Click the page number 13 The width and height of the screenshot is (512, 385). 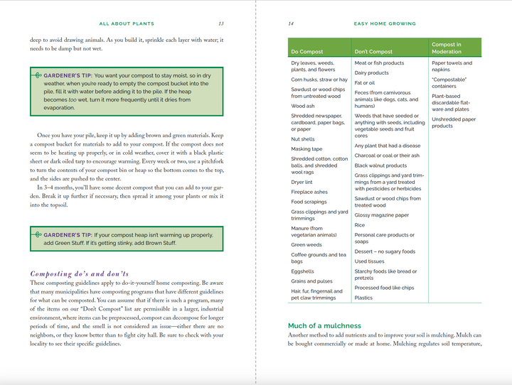coord(221,23)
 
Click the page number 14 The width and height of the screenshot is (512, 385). coord(291,23)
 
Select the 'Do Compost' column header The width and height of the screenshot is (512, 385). coord(307,52)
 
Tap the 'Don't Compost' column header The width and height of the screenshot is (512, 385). coord(373,52)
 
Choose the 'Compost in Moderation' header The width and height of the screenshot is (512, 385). coord(447,48)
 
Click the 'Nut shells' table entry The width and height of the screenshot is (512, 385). coord(303,139)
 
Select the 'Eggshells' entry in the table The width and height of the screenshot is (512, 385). coord(302,271)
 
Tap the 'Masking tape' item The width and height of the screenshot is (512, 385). coord(306,149)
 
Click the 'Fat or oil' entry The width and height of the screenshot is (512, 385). coord(365,82)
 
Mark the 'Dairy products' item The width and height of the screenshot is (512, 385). coord(372,72)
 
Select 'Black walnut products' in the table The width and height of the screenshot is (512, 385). coord(381,166)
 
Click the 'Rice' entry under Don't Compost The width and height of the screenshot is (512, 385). coord(360,225)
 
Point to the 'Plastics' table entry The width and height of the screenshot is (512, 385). coord(363,298)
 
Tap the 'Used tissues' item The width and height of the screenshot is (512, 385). coord(370,261)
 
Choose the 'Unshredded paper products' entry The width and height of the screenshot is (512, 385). coord(454,122)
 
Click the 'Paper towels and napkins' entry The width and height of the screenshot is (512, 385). coord(451,66)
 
